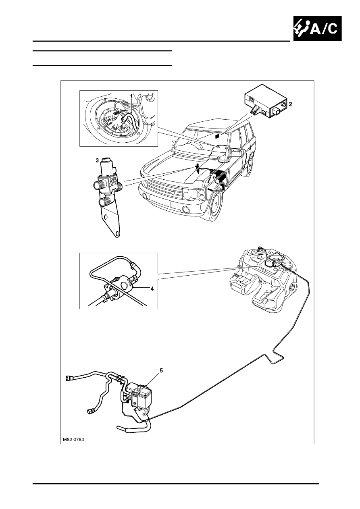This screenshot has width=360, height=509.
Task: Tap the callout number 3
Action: [97, 160]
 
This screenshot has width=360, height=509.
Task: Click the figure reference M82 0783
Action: [75, 440]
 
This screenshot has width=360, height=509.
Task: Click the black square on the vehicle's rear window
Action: [217, 137]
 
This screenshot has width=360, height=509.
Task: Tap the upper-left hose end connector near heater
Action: [68, 378]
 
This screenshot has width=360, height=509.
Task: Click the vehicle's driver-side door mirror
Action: [235, 154]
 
